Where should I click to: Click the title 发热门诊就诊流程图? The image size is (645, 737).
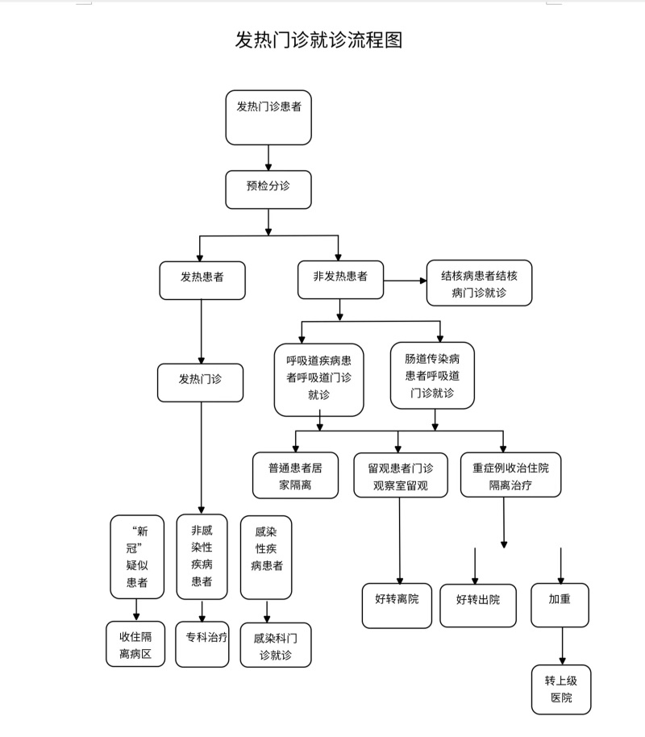[x=318, y=41]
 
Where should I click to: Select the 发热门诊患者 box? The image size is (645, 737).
[x=268, y=118]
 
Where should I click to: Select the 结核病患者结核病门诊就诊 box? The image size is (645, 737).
[x=479, y=283]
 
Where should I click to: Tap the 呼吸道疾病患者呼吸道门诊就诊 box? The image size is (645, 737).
[x=318, y=379]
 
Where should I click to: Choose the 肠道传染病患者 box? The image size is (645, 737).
[x=432, y=375]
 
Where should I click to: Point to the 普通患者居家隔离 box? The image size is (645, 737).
[x=295, y=476]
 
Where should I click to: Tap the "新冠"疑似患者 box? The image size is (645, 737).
[x=136, y=557]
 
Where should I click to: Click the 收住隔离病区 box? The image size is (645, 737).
[x=135, y=643]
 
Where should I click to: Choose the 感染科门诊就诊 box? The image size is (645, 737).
[x=276, y=645]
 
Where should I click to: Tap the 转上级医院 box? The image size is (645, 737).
[x=561, y=689]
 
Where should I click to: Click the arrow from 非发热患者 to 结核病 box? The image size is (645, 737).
[x=405, y=281]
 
